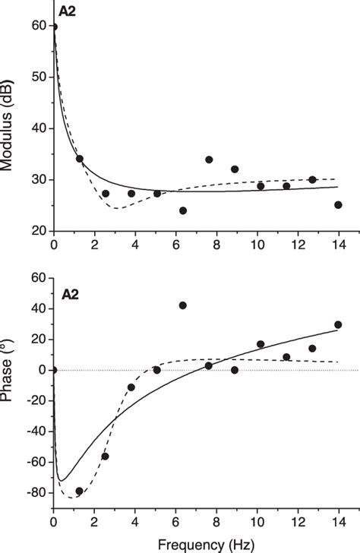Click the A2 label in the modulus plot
[x=67, y=11]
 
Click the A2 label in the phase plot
[x=67, y=289]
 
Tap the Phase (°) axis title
[x=11, y=400]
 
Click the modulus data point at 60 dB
[x=53, y=27]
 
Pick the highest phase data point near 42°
[x=182, y=305]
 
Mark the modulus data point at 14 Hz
[x=338, y=205]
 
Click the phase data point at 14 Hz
[x=338, y=324]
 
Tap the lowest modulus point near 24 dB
[x=182, y=210]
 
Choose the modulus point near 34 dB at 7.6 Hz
[x=209, y=160]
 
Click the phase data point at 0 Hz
[x=53, y=370]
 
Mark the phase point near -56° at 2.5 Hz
[x=105, y=456]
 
